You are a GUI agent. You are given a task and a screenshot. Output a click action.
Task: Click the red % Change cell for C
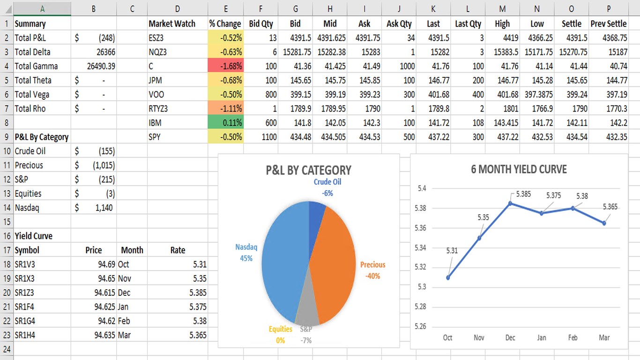[226, 66]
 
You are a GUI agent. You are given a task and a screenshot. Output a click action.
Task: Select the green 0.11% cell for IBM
[226, 123]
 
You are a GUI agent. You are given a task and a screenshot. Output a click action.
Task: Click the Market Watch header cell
[172, 23]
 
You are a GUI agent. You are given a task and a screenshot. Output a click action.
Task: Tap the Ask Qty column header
[399, 23]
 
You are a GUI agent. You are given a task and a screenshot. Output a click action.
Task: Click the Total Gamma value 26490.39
[101, 66]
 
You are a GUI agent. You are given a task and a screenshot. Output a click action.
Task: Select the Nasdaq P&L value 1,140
[104, 208]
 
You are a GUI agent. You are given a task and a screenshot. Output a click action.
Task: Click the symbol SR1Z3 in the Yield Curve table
[24, 292]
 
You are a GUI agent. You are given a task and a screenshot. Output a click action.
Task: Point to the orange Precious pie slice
[333, 262]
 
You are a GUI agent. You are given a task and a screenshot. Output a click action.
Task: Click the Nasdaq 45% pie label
[246, 252]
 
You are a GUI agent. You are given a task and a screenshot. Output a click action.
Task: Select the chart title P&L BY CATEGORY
[308, 170]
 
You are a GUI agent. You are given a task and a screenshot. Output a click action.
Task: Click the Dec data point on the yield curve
[510, 203]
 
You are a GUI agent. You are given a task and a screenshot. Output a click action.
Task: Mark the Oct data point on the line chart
[448, 277]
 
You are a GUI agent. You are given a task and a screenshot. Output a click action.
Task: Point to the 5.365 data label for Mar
[610, 206]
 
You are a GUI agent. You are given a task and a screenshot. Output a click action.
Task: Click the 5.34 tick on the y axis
[420, 247]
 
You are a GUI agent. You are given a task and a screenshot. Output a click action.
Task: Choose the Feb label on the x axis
[573, 337]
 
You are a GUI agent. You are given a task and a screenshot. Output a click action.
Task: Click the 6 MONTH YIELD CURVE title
[519, 169]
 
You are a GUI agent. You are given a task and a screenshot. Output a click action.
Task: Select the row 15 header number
[7, 222]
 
